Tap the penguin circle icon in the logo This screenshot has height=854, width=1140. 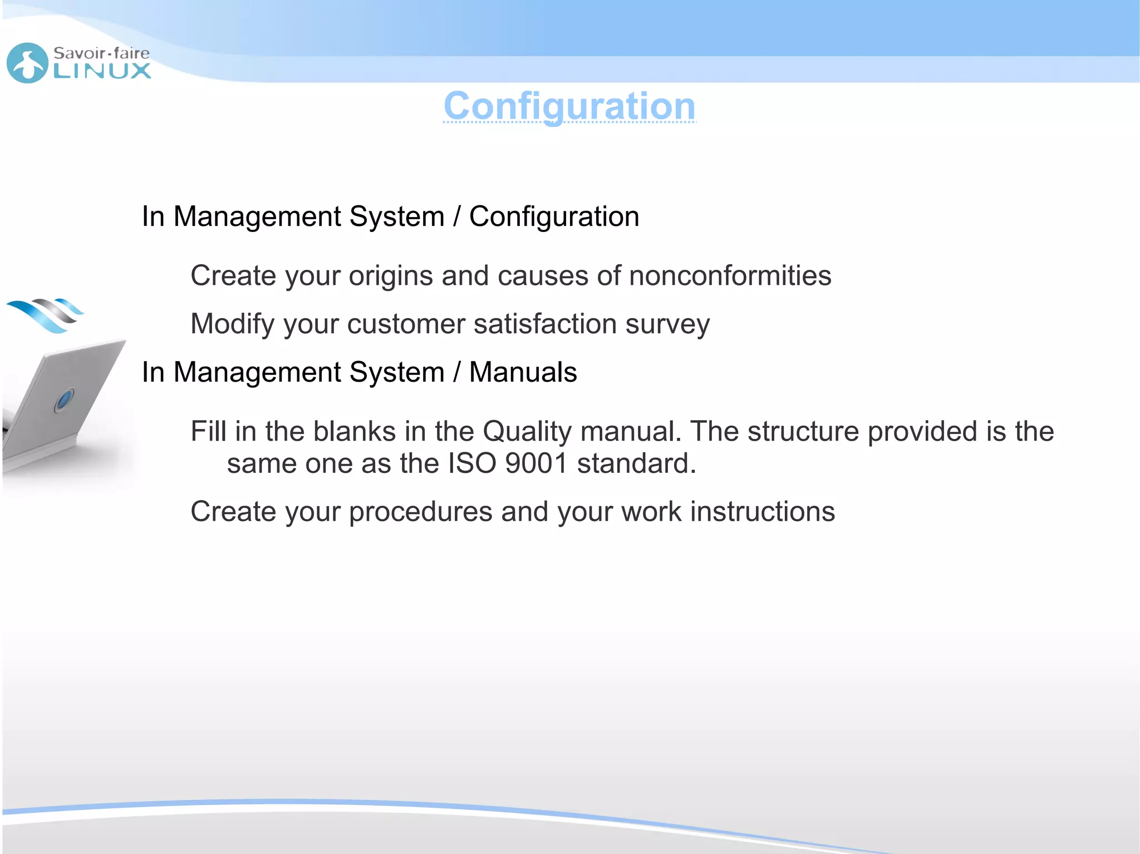tap(27, 63)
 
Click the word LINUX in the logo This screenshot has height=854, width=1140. tap(102, 71)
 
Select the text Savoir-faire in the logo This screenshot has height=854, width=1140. tap(101, 53)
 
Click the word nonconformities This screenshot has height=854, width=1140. tap(730, 275)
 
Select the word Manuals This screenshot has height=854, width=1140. tap(523, 372)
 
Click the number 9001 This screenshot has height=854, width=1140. tap(536, 463)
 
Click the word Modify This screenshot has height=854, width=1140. tap(232, 324)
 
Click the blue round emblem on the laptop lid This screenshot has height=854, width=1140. tap(65, 399)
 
